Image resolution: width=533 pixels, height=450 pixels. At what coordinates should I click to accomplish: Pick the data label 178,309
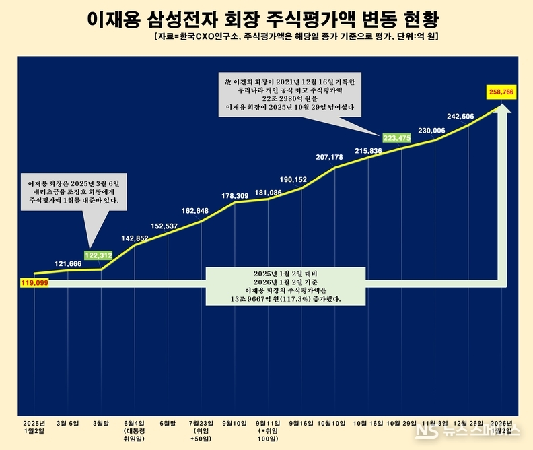[x=235, y=196]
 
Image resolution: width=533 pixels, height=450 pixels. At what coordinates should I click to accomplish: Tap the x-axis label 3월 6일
[x=67, y=423]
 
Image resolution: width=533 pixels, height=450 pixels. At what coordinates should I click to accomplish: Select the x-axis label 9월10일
[x=234, y=423]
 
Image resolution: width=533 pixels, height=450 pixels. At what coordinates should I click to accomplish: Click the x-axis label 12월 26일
[x=467, y=423]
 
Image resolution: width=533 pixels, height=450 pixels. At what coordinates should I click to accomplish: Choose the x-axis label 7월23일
[x=201, y=423]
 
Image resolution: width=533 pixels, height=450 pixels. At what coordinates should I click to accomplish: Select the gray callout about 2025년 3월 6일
[x=72, y=191]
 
